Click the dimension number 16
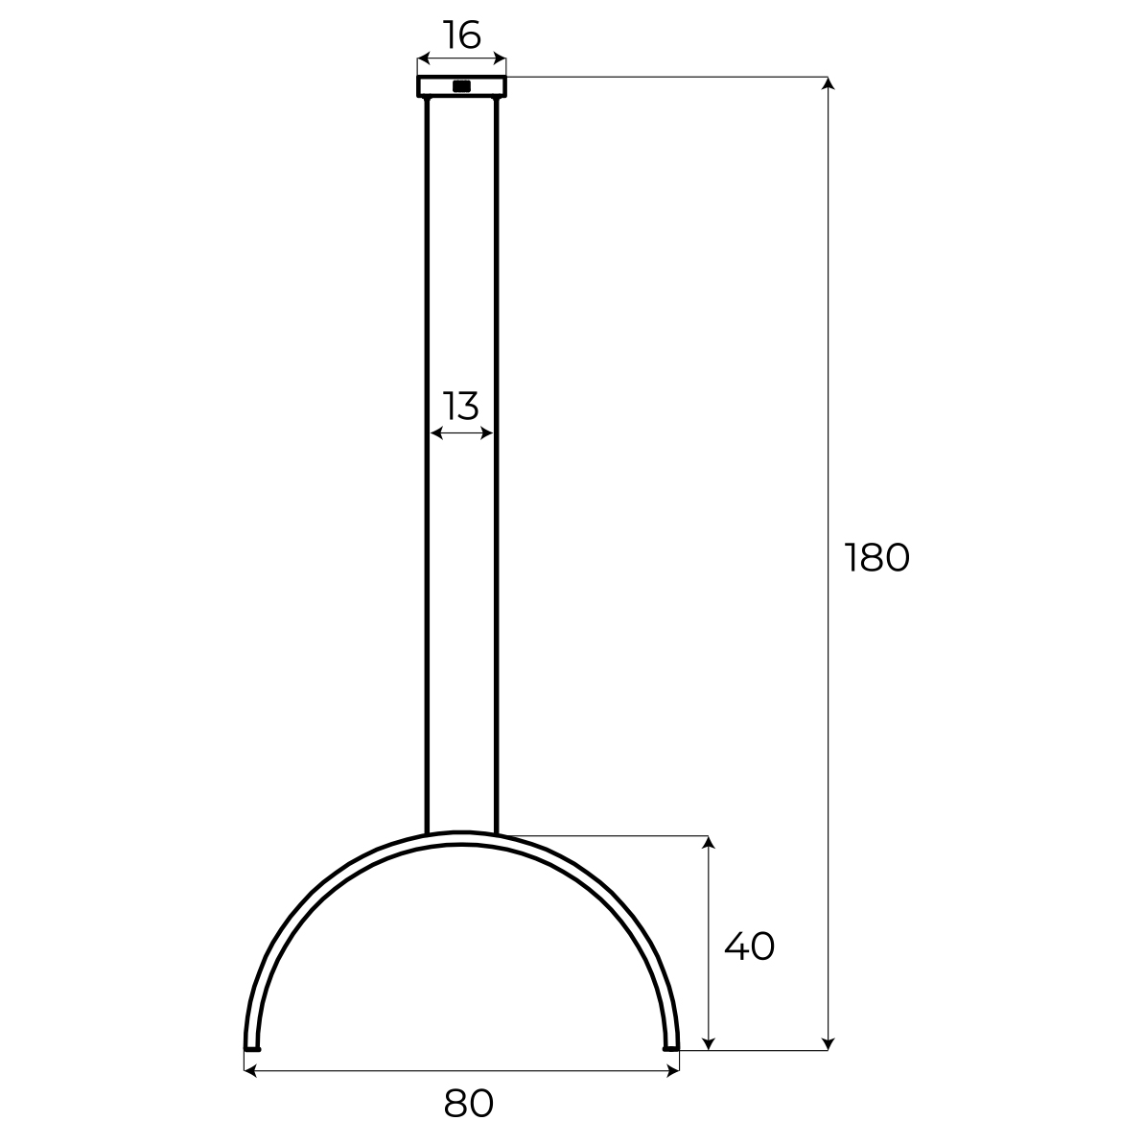click(x=462, y=35)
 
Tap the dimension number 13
click(x=461, y=407)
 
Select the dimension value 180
click(x=877, y=558)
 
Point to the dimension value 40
click(x=749, y=946)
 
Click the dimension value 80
click(x=468, y=1104)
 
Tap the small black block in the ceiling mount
click(x=462, y=86)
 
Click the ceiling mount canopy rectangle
click(x=462, y=86)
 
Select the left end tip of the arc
click(x=251, y=1048)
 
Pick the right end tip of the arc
click(x=670, y=1048)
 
